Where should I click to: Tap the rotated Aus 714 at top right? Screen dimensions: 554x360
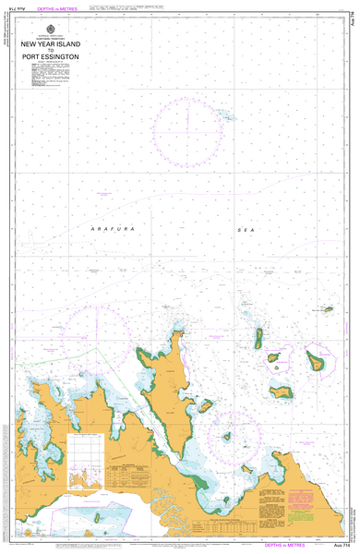pyautogui.click(x=354, y=25)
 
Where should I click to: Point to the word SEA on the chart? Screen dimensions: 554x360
pyautogui.click(x=244, y=228)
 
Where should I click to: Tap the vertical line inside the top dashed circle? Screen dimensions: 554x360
pyautogui.click(x=188, y=114)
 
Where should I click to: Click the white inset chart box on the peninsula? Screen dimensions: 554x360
pyautogui.click(x=89, y=462)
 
